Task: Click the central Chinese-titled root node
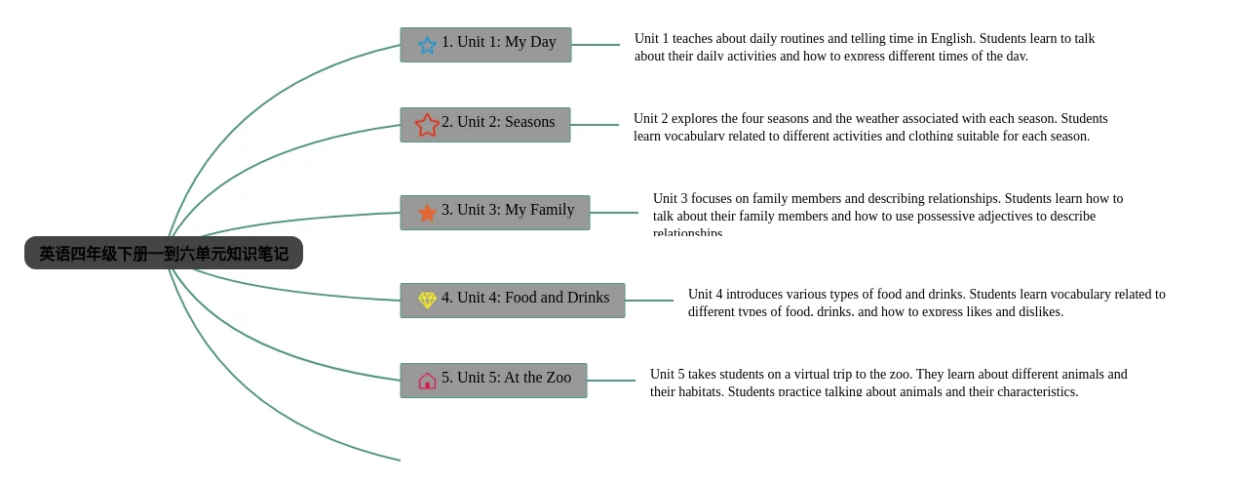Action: click(x=164, y=254)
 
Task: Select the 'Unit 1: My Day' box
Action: click(x=485, y=45)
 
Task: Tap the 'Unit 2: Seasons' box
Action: click(x=485, y=125)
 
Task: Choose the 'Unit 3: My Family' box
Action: click(x=495, y=213)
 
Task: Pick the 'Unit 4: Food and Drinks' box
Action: click(x=513, y=301)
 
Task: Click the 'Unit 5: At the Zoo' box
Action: click(x=493, y=381)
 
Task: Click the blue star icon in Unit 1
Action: click(x=427, y=45)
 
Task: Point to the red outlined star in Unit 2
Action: click(x=427, y=125)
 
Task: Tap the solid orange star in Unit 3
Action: click(x=427, y=213)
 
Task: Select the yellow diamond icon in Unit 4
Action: click(x=427, y=300)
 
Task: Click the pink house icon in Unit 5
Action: click(x=427, y=381)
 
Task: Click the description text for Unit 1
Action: click(x=864, y=47)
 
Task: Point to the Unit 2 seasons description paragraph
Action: click(x=869, y=127)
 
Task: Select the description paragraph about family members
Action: click(x=887, y=214)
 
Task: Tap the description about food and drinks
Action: click(x=926, y=303)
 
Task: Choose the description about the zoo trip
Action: click(x=888, y=383)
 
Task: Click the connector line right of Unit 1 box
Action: click(x=596, y=45)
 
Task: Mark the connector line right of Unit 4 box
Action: click(x=649, y=301)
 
